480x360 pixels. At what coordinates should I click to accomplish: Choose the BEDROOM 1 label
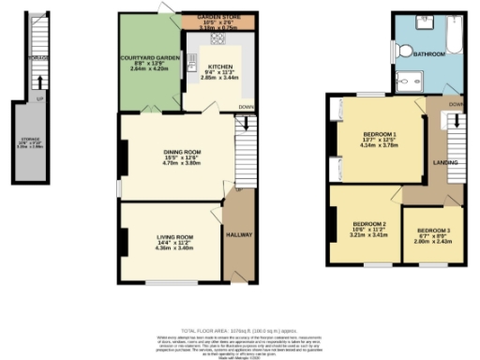pyautogui.click(x=380, y=135)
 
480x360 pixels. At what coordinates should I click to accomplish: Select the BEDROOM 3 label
pyautogui.click(x=433, y=231)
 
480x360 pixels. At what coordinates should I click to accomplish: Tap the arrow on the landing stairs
pyautogui.click(x=455, y=122)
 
